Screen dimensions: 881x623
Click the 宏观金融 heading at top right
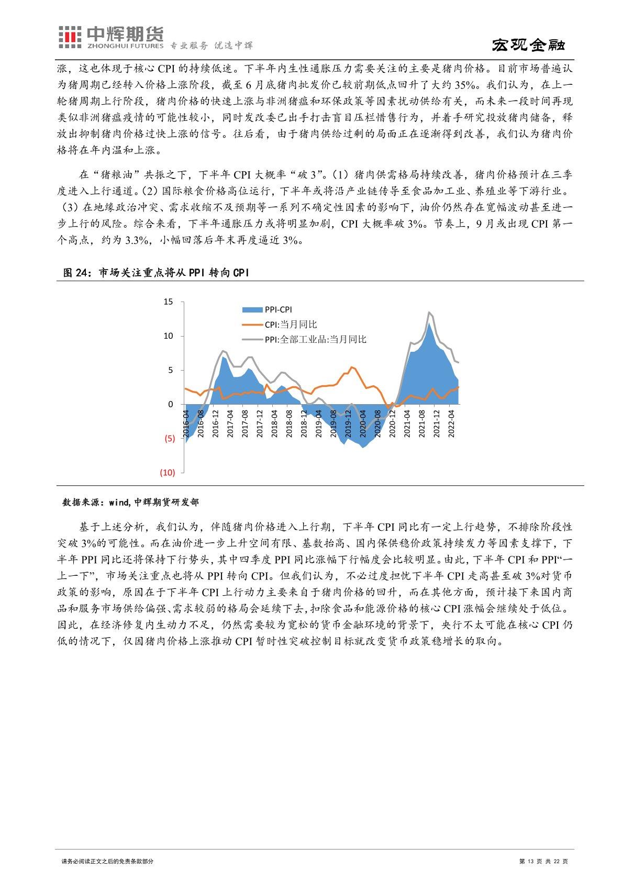(528, 46)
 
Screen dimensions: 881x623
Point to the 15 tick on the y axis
(168, 302)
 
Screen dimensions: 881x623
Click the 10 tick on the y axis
(168, 336)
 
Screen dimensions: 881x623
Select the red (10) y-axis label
(167, 473)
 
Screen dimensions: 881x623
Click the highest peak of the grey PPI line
(429, 312)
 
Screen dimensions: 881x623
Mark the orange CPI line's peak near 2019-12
(351, 367)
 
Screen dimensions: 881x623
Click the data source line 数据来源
(130, 502)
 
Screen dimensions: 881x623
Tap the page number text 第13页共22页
(543, 861)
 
